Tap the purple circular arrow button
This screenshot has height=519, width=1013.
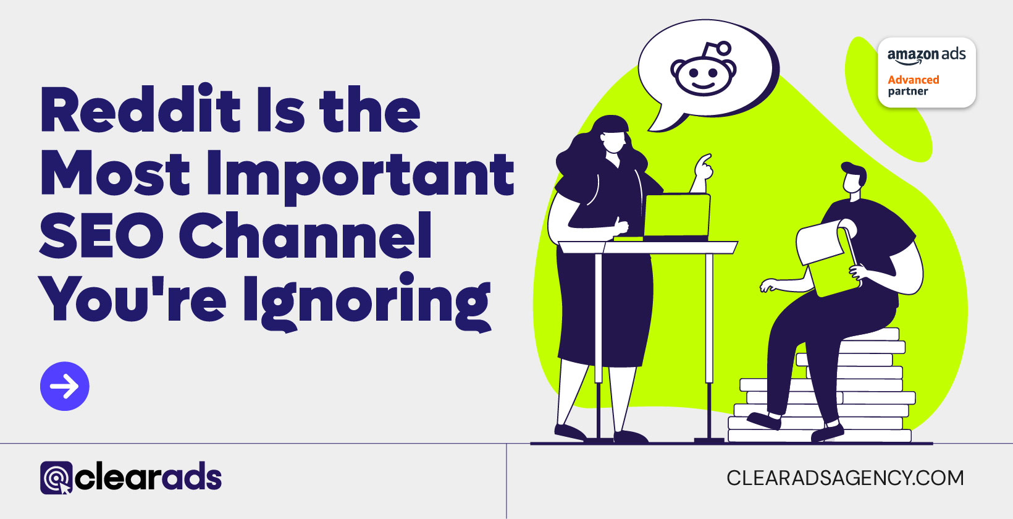tap(65, 386)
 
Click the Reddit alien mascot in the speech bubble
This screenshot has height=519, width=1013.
tap(703, 69)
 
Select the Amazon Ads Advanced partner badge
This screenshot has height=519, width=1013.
tap(927, 72)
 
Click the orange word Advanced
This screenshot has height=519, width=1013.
tap(913, 80)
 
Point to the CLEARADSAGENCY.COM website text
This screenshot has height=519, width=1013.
tap(845, 478)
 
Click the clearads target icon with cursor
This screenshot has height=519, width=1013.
tap(56, 478)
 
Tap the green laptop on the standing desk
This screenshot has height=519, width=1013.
tap(676, 216)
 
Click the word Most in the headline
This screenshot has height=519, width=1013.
tap(115, 175)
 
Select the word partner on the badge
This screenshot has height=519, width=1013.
tap(907, 92)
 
